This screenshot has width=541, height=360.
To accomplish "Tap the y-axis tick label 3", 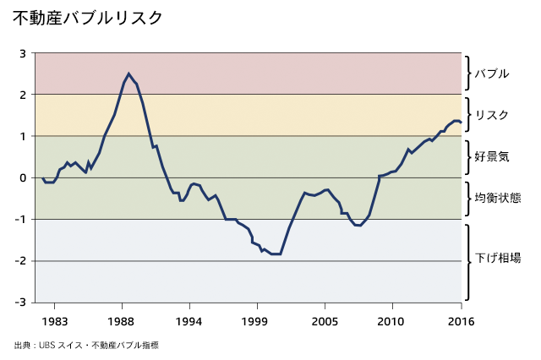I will tap(23, 52).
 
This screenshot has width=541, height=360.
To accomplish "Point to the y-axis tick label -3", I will tap(21, 302).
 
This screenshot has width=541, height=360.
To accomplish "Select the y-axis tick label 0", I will tap(23, 177).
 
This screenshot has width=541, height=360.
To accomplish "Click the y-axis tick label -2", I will tap(21, 260).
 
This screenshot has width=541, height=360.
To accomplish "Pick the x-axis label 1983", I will tap(54, 321).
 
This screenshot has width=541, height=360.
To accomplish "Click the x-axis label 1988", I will tap(121, 321).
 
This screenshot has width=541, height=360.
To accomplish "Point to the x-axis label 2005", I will tap(325, 321).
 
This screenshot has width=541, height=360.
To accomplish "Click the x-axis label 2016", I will tap(460, 321).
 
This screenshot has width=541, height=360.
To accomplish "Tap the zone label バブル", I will tap(492, 74).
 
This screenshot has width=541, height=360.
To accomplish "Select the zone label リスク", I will tap(492, 115).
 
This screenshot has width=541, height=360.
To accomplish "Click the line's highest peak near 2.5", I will tap(128, 74).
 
